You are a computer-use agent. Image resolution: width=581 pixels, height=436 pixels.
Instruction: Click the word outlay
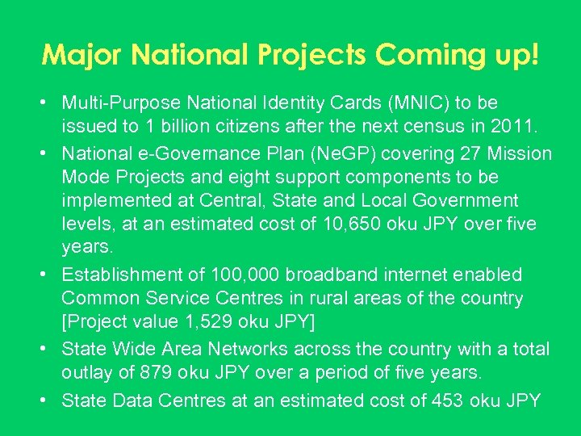tap(86, 373)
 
